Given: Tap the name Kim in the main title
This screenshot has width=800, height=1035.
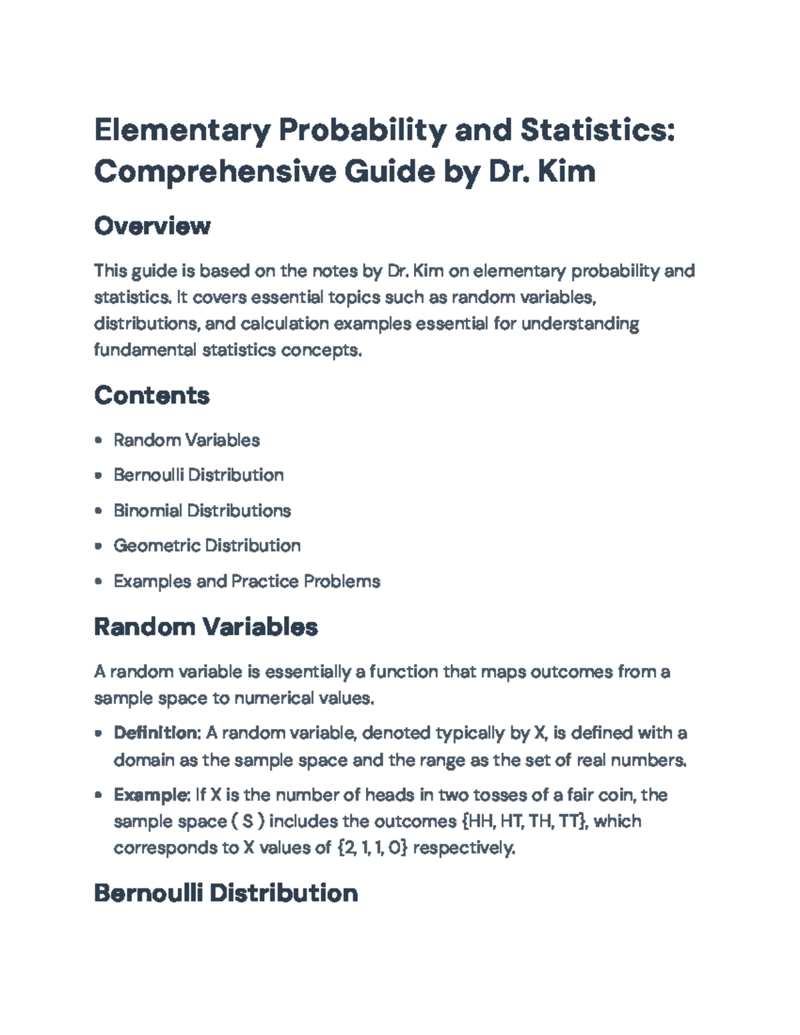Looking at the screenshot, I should [x=566, y=171].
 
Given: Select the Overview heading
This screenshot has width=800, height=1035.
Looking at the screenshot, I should [x=152, y=226].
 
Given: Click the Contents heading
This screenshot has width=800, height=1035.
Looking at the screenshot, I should [x=152, y=395].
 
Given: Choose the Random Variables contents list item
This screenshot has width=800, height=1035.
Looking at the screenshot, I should [x=187, y=440].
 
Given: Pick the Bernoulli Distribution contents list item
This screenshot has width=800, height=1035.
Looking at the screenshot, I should [x=199, y=475].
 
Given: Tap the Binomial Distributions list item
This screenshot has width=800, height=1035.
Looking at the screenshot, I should [x=202, y=511].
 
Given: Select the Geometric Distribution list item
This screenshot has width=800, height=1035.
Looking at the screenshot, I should [x=207, y=546].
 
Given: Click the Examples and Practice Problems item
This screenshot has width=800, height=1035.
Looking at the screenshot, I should [x=247, y=581].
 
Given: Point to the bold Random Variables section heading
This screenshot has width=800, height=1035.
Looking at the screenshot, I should [x=206, y=627].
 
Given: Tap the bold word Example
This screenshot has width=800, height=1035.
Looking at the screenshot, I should [x=152, y=795].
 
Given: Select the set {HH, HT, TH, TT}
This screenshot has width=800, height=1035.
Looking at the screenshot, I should [x=524, y=821].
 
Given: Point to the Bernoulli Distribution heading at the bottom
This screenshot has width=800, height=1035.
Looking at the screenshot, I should [x=226, y=893].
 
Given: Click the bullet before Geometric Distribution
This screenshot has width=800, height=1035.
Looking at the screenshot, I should [x=99, y=546].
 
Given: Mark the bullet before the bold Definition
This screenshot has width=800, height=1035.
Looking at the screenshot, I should [x=99, y=734].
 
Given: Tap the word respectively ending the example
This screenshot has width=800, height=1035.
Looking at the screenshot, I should [x=464, y=848].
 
